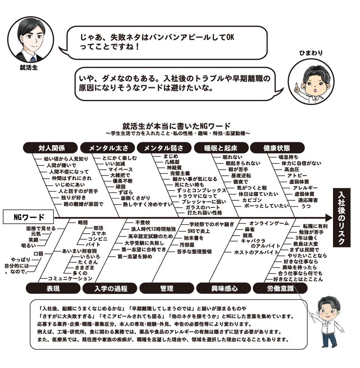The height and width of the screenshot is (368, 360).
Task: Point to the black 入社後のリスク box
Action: pos(342,218)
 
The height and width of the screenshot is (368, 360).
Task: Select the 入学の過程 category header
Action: pos(110,289)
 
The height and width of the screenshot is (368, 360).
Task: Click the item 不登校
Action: pos(142,222)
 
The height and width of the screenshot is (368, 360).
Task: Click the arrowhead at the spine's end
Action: pos(328,218)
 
